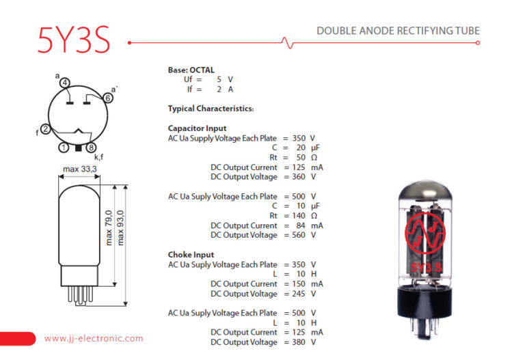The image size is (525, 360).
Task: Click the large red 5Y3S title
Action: (x=74, y=41)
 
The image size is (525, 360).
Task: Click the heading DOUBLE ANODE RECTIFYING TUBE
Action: (x=398, y=31)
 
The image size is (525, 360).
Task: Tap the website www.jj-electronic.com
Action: (x=94, y=338)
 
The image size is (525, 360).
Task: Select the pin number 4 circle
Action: (x=65, y=83)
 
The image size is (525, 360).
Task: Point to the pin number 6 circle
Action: (x=108, y=98)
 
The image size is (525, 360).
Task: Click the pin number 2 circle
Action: (x=45, y=129)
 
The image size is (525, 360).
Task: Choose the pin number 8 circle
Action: (x=91, y=148)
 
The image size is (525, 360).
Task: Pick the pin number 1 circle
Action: (x=64, y=148)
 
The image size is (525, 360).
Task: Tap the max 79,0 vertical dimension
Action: (x=109, y=227)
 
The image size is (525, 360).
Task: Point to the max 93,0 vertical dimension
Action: (x=120, y=227)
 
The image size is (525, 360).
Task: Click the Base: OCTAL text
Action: (x=191, y=70)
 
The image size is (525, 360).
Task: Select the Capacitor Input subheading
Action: (x=197, y=128)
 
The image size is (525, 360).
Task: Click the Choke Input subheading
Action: (x=191, y=255)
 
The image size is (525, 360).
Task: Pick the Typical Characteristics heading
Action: (x=211, y=109)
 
